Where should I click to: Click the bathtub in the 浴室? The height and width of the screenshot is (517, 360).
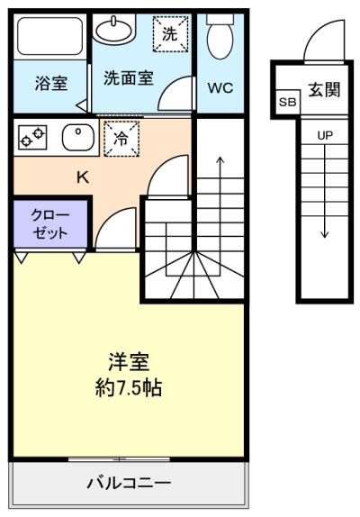(x=50, y=36)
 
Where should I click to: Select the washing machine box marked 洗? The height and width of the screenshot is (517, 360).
(x=170, y=34)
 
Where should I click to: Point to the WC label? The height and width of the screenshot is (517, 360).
(x=220, y=87)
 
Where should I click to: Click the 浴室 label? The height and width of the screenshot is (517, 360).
(x=51, y=83)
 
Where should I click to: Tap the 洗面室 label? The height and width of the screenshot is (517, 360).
(x=129, y=78)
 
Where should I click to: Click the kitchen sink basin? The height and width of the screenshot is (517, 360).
(x=78, y=138)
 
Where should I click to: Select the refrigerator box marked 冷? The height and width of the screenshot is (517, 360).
(x=121, y=139)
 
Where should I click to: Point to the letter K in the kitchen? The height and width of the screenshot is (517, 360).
(x=82, y=177)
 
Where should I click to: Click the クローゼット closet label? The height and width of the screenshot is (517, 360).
(x=50, y=224)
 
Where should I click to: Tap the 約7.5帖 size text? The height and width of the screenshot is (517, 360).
(x=129, y=387)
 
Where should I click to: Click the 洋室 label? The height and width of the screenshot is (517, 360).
(x=129, y=362)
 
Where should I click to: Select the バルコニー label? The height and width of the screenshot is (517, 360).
(x=129, y=484)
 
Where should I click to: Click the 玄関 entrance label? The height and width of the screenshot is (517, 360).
(x=324, y=89)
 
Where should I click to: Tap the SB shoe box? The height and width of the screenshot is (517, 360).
(x=287, y=102)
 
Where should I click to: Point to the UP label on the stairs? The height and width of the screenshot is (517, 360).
(x=325, y=135)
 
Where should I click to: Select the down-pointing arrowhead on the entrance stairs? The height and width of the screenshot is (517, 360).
(x=325, y=234)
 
